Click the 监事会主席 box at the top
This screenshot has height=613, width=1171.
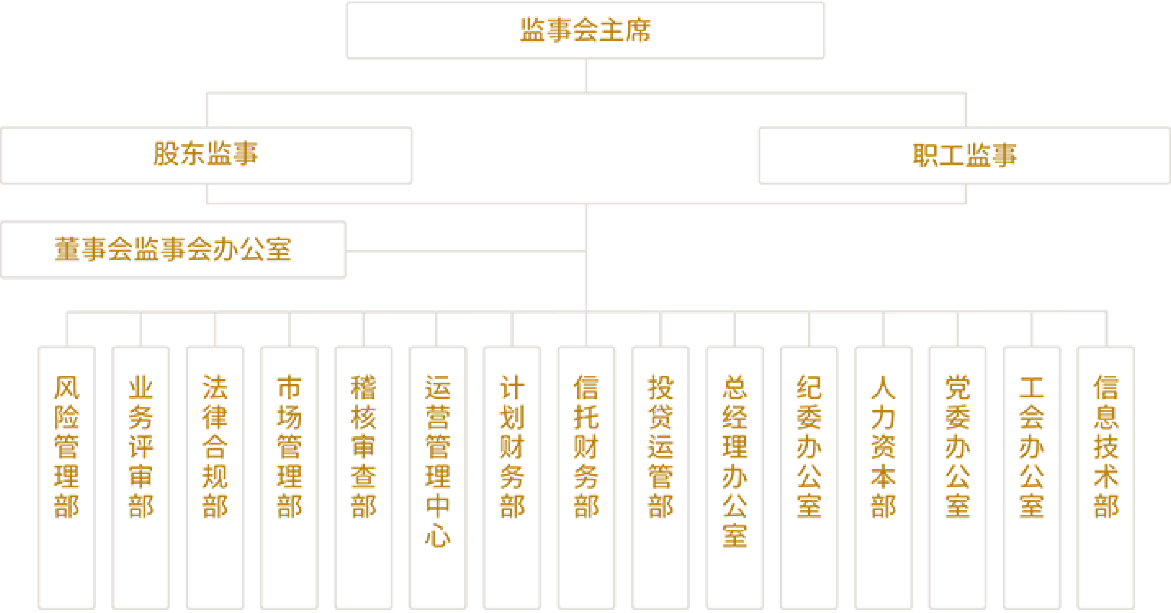click(585, 31)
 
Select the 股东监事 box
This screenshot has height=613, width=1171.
click(207, 155)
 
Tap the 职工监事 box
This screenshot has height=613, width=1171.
click(964, 155)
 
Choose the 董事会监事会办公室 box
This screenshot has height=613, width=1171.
click(173, 250)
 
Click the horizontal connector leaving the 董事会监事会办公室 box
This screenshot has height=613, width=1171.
click(465, 252)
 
